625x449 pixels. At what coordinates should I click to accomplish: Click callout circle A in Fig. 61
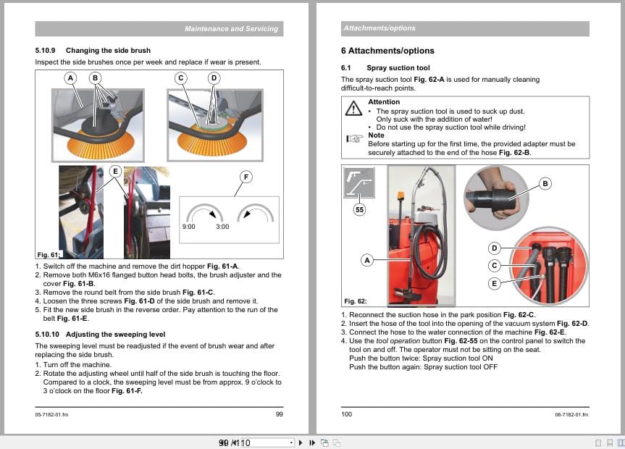[x=70, y=77]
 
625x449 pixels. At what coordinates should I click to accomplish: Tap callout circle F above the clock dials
[x=246, y=177]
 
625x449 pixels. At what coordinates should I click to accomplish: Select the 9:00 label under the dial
[x=190, y=227]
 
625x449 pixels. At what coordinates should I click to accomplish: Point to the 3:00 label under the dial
[x=222, y=227]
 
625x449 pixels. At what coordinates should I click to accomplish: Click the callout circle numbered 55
[x=359, y=210]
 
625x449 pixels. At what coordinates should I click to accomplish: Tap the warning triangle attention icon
[x=353, y=109]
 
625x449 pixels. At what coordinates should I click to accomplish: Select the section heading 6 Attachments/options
[x=387, y=51]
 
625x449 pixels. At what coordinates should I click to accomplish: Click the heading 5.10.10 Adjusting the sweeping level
[x=100, y=334]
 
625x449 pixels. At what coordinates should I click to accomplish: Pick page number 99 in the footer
[x=279, y=414]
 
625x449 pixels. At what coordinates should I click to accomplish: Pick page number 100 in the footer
[x=346, y=414]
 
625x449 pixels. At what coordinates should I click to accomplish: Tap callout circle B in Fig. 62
[x=545, y=184]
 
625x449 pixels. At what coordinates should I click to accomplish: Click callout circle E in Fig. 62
[x=495, y=283]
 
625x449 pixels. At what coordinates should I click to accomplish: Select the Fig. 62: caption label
[x=356, y=301]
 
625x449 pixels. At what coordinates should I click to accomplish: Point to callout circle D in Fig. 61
[x=214, y=77]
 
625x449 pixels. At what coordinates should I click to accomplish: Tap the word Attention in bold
[x=384, y=102]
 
